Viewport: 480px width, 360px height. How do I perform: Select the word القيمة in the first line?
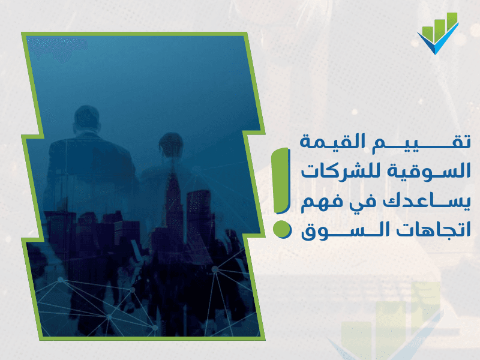(332, 142)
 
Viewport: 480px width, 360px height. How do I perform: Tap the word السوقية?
(428, 172)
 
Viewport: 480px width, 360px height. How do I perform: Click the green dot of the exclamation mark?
(281, 229)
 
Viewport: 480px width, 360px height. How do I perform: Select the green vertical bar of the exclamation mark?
(280, 181)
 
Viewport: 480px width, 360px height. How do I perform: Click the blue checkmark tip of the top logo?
(436, 53)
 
